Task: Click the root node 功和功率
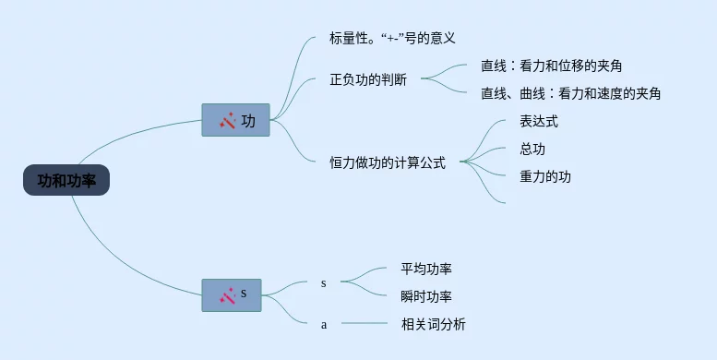[x=66, y=180]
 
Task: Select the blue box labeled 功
[x=236, y=120]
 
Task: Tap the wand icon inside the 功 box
[x=227, y=120]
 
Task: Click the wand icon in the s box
[x=227, y=295]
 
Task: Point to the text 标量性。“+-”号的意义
[x=392, y=38]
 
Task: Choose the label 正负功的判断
[x=368, y=80]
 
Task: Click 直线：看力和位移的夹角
[x=552, y=66]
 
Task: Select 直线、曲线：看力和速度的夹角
[x=570, y=94]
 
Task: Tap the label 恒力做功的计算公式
[x=388, y=162]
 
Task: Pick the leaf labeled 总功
[x=532, y=150]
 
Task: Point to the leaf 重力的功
[x=545, y=176]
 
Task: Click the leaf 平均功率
[x=426, y=269]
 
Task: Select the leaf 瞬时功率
[x=426, y=296]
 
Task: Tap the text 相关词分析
[x=433, y=324]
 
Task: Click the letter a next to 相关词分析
[x=324, y=325]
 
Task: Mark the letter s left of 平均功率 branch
[x=323, y=283]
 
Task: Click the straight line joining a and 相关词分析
[x=364, y=323]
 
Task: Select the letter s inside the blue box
[x=244, y=294]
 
